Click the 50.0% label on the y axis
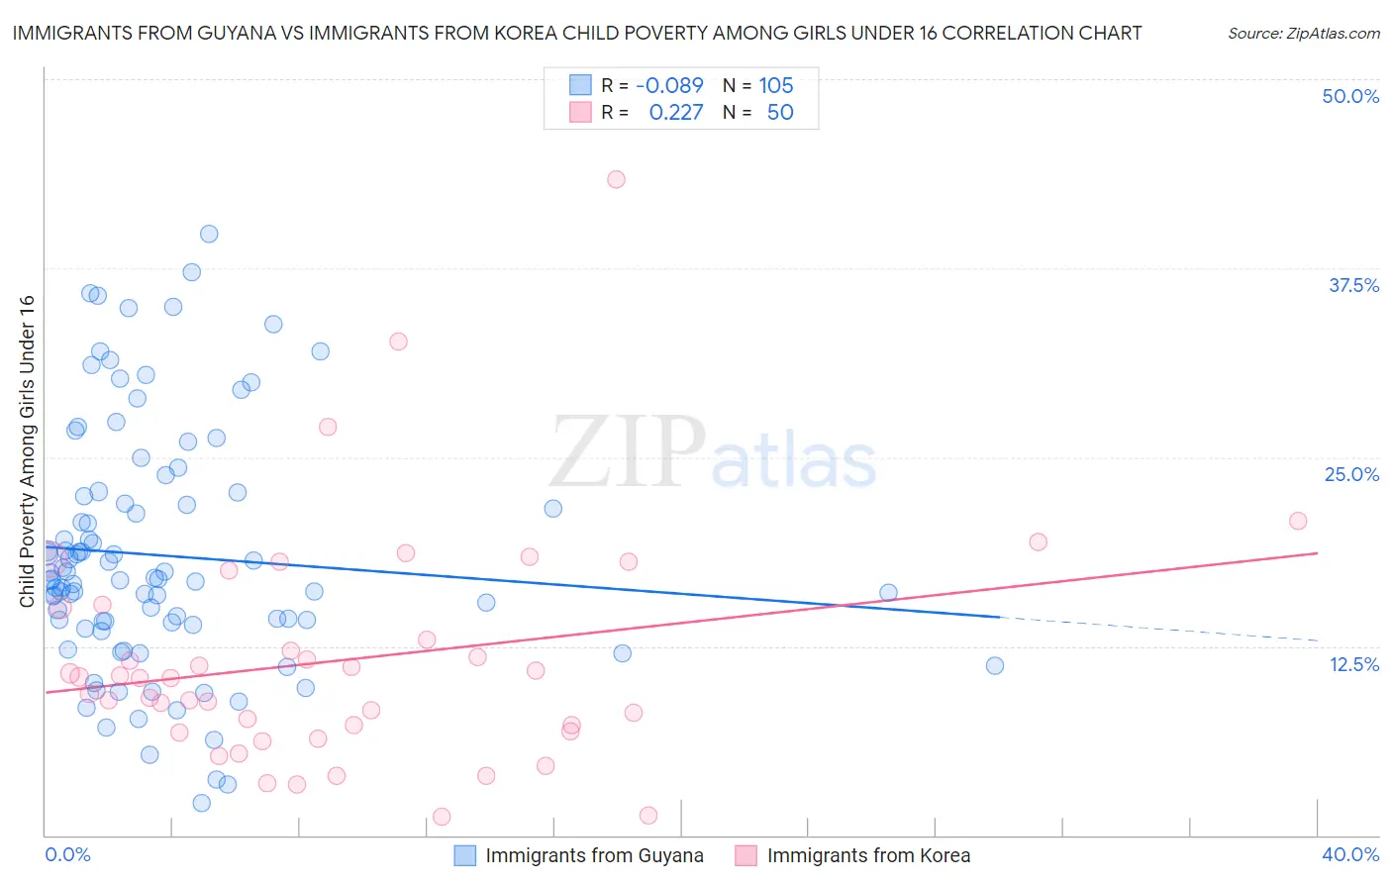(1350, 96)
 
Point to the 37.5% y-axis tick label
(1353, 285)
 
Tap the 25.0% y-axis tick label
(1351, 474)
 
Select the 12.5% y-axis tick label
(1353, 664)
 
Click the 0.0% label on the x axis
(67, 854)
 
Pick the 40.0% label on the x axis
(1350, 854)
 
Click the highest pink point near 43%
(616, 179)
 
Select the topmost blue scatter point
(209, 234)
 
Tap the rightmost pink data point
(1298, 521)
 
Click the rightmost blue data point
(995, 665)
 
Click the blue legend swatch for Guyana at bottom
(465, 855)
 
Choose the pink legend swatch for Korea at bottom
(746, 855)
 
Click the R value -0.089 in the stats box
(669, 85)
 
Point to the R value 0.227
(675, 112)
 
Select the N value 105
(776, 85)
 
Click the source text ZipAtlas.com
(1304, 33)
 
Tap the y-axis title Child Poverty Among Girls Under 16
(27, 450)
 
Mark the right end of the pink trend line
(1318, 553)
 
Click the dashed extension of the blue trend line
(1158, 629)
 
